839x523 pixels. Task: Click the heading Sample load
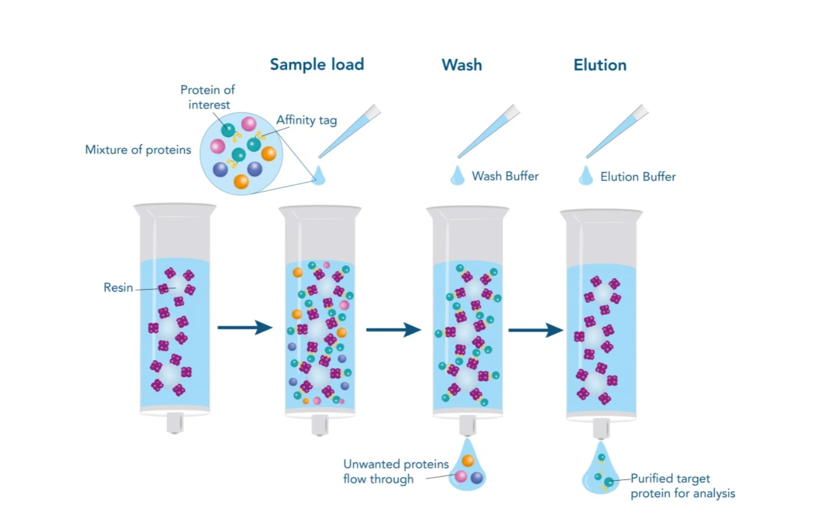[316, 64]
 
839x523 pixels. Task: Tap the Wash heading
[462, 65]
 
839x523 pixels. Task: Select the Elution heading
[599, 65]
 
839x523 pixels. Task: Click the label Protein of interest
[207, 97]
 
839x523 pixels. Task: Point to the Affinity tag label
[306, 120]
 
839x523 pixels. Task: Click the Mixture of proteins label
[138, 150]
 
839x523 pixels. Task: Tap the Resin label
[118, 288]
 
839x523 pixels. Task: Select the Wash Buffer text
[505, 176]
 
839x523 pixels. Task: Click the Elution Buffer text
[638, 177]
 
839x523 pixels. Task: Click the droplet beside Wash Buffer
[457, 176]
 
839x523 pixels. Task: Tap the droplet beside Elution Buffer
[586, 176]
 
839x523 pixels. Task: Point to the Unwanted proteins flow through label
[395, 472]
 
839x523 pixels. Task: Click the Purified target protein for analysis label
[682, 486]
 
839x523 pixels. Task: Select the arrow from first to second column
[245, 327]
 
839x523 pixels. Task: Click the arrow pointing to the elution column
[535, 330]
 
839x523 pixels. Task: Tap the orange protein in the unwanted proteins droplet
[468, 460]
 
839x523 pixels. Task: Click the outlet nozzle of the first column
[175, 422]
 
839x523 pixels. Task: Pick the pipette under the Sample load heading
[349, 131]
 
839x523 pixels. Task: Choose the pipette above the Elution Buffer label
[617, 131]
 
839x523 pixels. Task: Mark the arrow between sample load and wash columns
[393, 330]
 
